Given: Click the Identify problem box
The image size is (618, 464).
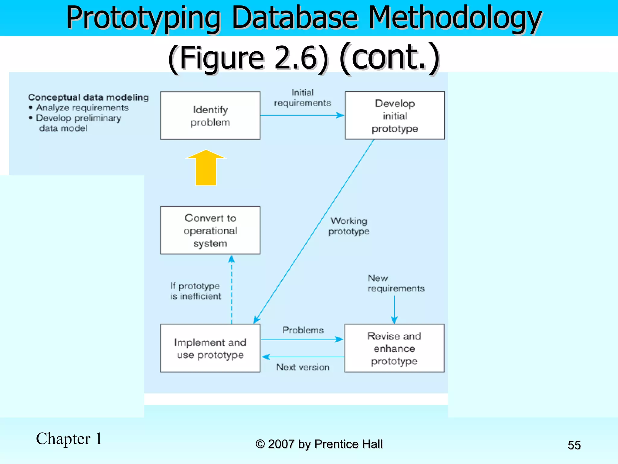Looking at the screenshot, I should coord(210,116).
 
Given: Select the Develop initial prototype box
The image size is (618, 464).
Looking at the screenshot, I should coord(395,116).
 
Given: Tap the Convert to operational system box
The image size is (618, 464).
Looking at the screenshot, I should coord(210,230).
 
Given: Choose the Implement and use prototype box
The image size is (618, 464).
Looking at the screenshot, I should coord(210,348).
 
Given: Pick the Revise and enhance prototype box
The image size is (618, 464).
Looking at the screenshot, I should coord(394,348).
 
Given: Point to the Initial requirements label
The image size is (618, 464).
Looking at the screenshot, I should coord(302,98).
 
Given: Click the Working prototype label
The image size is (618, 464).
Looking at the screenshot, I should coord(349,226).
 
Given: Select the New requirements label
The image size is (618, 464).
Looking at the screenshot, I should coord(396,283).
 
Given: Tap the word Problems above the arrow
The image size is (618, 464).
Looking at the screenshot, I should coord(303,330).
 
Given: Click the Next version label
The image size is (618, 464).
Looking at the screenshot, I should coord(303,367).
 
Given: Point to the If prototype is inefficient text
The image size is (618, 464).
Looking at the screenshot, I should coord(196,291).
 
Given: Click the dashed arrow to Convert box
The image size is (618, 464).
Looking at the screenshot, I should coord(231,290).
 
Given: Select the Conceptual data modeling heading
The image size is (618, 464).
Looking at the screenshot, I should coord(88,97).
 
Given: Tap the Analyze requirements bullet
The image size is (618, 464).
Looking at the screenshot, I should coord(82,108).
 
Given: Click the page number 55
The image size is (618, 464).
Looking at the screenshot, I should coord(574,445).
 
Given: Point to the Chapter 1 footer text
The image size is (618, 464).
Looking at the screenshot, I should coord(69,439).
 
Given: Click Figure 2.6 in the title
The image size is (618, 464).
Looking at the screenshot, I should coord(247,57).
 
